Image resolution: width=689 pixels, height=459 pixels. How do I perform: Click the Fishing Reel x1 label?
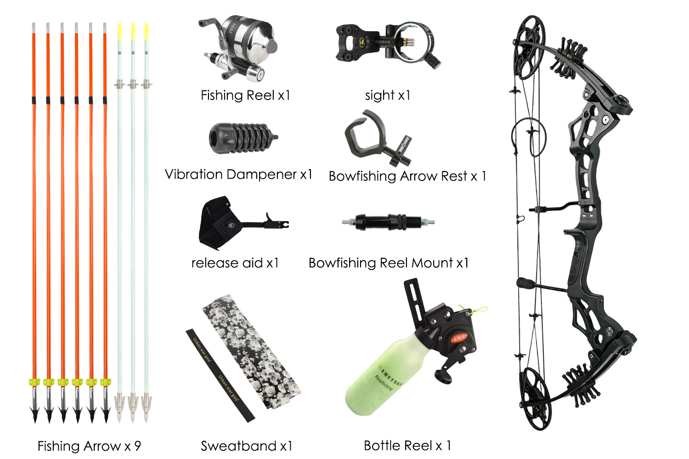(x=245, y=95)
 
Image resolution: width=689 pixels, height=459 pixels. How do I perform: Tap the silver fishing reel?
(x=241, y=46)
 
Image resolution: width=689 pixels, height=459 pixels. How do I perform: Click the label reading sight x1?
(x=387, y=95)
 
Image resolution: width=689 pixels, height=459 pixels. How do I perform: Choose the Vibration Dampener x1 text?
(x=238, y=174)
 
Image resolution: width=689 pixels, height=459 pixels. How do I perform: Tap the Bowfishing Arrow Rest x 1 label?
(x=407, y=176)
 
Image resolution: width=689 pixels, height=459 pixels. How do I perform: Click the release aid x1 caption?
(x=235, y=263)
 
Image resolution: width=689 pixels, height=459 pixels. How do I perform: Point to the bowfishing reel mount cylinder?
(x=388, y=222)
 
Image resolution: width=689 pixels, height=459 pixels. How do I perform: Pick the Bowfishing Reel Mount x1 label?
(x=389, y=263)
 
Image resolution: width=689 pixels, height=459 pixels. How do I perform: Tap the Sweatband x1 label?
(x=246, y=446)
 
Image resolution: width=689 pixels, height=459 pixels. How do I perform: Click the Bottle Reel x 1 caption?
(x=407, y=445)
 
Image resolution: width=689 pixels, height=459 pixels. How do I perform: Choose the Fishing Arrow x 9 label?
(x=89, y=446)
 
